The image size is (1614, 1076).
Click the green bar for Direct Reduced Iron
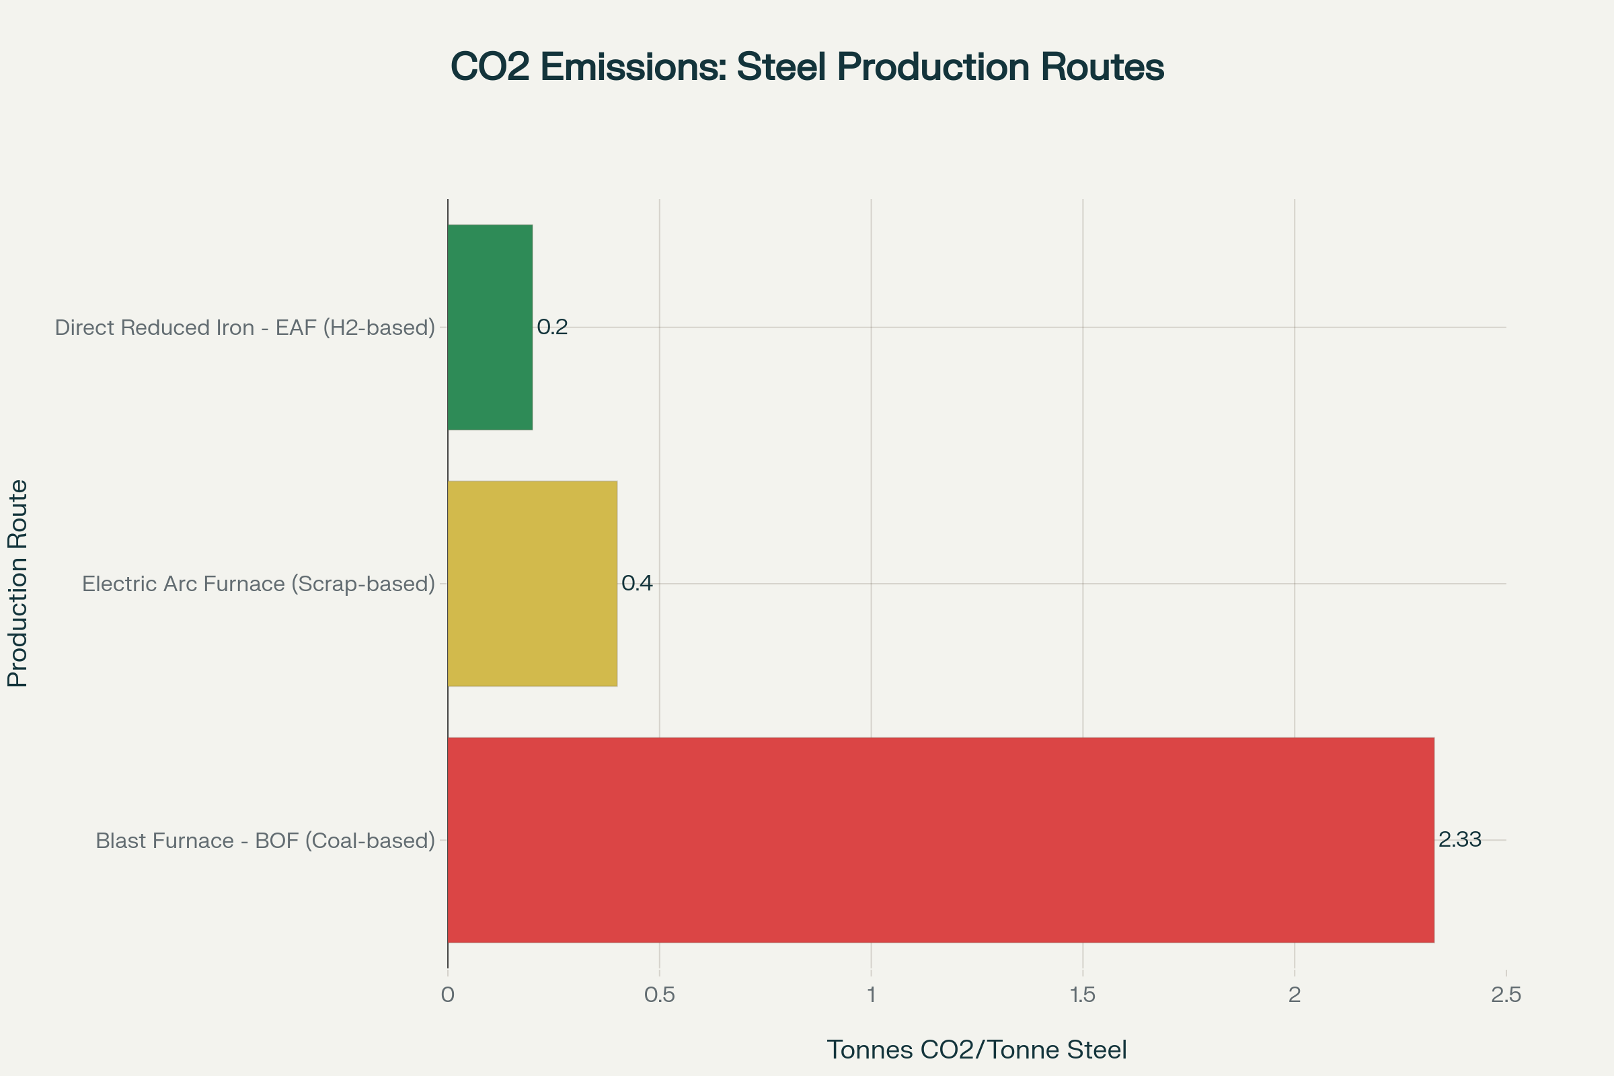490,328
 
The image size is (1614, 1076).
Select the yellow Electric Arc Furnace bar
533,583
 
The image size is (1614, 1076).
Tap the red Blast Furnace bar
941,840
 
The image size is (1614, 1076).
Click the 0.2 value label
552,328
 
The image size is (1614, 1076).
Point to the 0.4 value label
637,583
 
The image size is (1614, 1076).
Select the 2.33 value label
1459,839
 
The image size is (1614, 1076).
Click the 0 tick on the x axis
447,995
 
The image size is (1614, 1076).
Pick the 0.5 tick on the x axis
660,995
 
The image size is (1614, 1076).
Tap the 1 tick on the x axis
871,995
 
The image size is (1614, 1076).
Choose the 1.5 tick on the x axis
1083,995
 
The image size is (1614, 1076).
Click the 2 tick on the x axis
1294,995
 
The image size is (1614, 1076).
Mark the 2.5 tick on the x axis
1506,995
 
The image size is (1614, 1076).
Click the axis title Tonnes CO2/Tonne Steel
976,1050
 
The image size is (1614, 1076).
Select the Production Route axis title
18,583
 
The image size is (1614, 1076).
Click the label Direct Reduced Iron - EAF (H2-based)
245,328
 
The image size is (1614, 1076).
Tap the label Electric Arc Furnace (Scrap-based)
259,584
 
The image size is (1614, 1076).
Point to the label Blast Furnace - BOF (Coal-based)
266,841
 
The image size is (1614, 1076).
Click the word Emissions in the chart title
633,67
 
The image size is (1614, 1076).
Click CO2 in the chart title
490,67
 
